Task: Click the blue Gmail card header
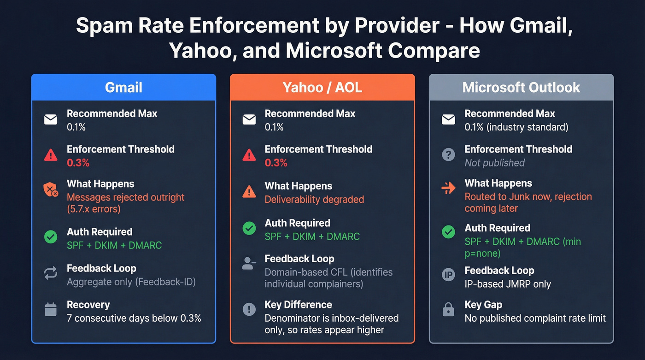click(123, 87)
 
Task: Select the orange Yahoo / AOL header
click(322, 87)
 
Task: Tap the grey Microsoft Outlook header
click(521, 87)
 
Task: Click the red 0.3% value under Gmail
click(78, 163)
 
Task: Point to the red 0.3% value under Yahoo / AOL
click(276, 163)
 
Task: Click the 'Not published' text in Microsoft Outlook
click(494, 163)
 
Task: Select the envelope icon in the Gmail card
click(51, 120)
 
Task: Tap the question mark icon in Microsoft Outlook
click(448, 155)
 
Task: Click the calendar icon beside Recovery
click(51, 310)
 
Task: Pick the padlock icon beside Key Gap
click(448, 310)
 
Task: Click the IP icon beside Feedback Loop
click(448, 275)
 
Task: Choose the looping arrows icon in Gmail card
click(51, 273)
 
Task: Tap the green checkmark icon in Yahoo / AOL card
click(249, 228)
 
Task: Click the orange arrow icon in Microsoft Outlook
click(448, 189)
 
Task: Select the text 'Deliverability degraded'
click(314, 200)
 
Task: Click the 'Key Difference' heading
click(298, 305)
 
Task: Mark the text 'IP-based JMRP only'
click(508, 284)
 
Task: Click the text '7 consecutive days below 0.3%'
click(134, 318)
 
